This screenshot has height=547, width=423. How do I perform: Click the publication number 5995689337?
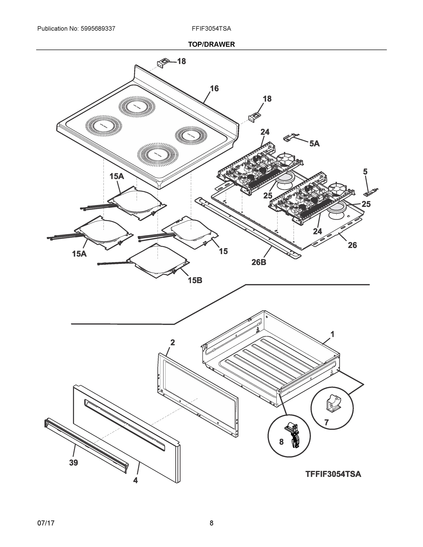pos(98,28)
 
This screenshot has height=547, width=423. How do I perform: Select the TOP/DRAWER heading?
pos(212,44)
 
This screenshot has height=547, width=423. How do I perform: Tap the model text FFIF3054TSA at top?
pos(212,28)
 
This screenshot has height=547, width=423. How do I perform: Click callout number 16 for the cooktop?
pos(214,88)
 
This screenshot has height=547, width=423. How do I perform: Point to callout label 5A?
pos(314,144)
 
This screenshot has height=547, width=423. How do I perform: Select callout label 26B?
pos(259,262)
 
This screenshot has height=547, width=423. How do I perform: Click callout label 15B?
pos(195,280)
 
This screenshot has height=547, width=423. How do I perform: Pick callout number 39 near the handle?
pos(73,463)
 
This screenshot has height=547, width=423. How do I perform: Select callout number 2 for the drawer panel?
pos(173,342)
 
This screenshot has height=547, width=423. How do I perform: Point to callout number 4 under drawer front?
pos(135,480)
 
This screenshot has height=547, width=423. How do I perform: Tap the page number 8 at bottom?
pos(212,523)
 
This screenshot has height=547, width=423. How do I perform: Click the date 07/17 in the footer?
pos(46,523)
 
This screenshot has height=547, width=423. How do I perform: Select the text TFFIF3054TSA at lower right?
pos(333,474)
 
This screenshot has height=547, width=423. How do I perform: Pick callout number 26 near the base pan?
pos(352,245)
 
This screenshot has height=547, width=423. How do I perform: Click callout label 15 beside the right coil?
pos(223,251)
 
